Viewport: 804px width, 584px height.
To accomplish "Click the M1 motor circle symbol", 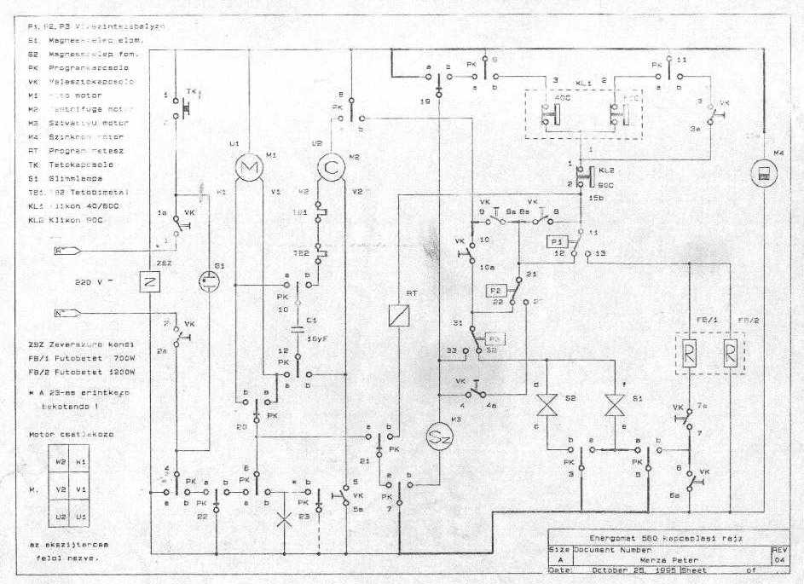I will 251,170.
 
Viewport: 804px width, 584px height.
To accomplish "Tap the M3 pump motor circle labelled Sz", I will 438,438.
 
